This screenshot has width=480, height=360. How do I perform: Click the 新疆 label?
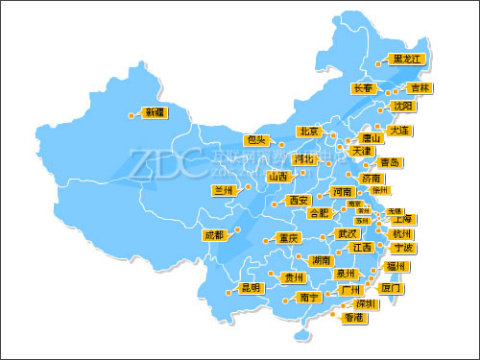tap(154, 113)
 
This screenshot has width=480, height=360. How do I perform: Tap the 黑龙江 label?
tap(407, 59)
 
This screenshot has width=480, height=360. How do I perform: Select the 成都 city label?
tap(213, 234)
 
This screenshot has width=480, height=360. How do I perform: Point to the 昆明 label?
tap(251, 288)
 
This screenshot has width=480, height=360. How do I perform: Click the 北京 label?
tap(308, 132)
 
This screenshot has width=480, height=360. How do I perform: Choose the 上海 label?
tap(403, 219)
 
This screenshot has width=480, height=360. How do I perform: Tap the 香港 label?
tap(354, 318)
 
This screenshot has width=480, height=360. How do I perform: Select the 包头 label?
tap(254, 140)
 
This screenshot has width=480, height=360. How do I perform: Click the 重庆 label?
tap(288, 237)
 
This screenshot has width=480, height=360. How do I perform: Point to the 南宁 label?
tap(309, 298)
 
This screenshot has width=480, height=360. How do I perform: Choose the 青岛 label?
tap(390, 162)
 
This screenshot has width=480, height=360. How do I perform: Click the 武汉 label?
tap(347, 233)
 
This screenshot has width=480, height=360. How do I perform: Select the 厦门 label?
tap(391, 288)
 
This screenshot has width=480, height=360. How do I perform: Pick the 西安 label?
tap(298, 201)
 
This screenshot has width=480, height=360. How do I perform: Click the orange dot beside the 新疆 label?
tap(132, 114)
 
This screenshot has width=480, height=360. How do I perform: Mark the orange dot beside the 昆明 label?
tap(228, 289)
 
